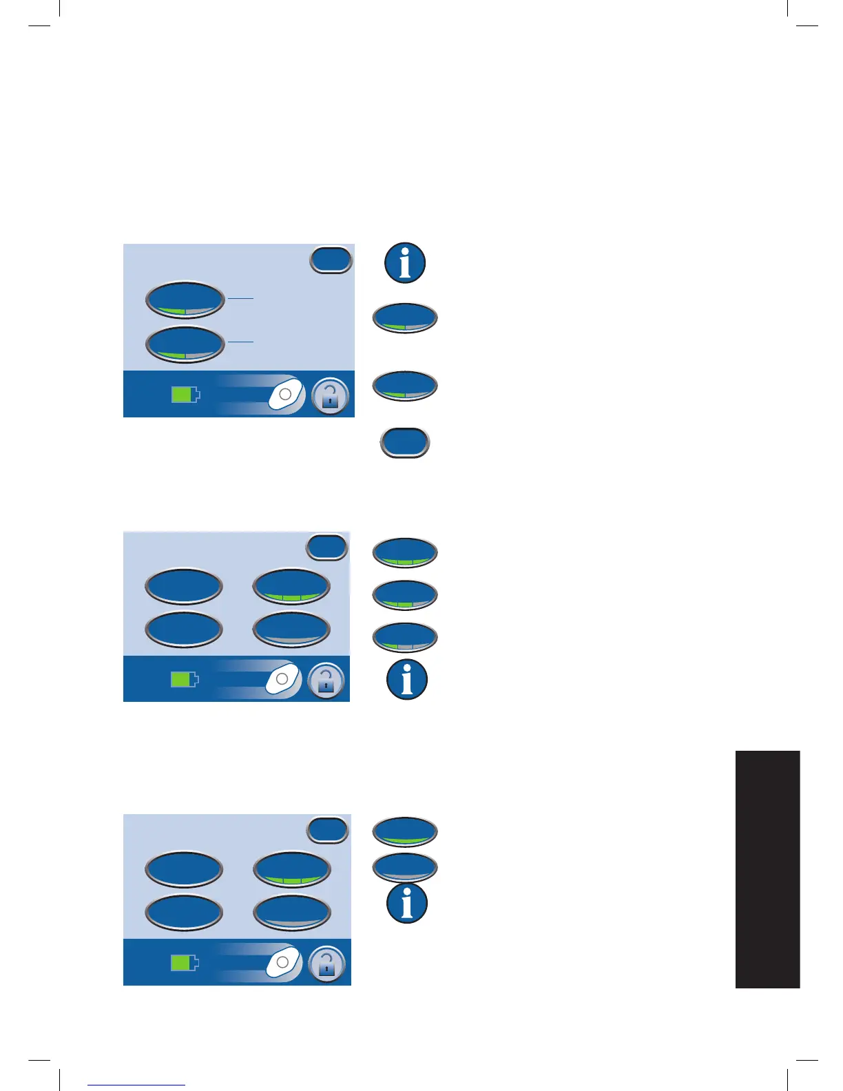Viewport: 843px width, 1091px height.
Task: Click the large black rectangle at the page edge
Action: tap(767, 869)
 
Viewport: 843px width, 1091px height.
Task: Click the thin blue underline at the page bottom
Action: tap(136, 1085)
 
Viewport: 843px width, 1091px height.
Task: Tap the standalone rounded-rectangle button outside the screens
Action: tap(405, 443)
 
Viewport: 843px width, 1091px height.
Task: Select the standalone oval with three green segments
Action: tap(405, 553)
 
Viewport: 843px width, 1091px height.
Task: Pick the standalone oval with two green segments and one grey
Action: tap(405, 596)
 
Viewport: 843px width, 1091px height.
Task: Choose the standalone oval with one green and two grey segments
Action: tap(405, 638)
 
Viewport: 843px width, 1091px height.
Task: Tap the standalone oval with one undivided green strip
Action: tap(405, 832)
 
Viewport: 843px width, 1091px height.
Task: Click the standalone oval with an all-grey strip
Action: tap(405, 868)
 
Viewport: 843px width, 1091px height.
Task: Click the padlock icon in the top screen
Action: tap(331, 396)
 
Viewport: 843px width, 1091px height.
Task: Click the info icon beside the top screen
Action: tap(405, 263)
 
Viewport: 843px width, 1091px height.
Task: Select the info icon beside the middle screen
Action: tap(407, 679)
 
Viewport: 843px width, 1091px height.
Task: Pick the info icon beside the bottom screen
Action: tap(407, 903)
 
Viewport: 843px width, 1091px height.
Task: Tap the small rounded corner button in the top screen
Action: tap(331, 260)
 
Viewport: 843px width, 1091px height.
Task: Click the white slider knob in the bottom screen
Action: tap(283, 962)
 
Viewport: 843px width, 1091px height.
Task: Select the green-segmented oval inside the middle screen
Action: tap(291, 587)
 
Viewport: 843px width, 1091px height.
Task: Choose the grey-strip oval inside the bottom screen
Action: tap(292, 913)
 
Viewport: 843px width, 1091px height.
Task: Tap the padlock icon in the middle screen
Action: tap(326, 681)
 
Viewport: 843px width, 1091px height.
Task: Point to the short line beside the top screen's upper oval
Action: tap(240, 298)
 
